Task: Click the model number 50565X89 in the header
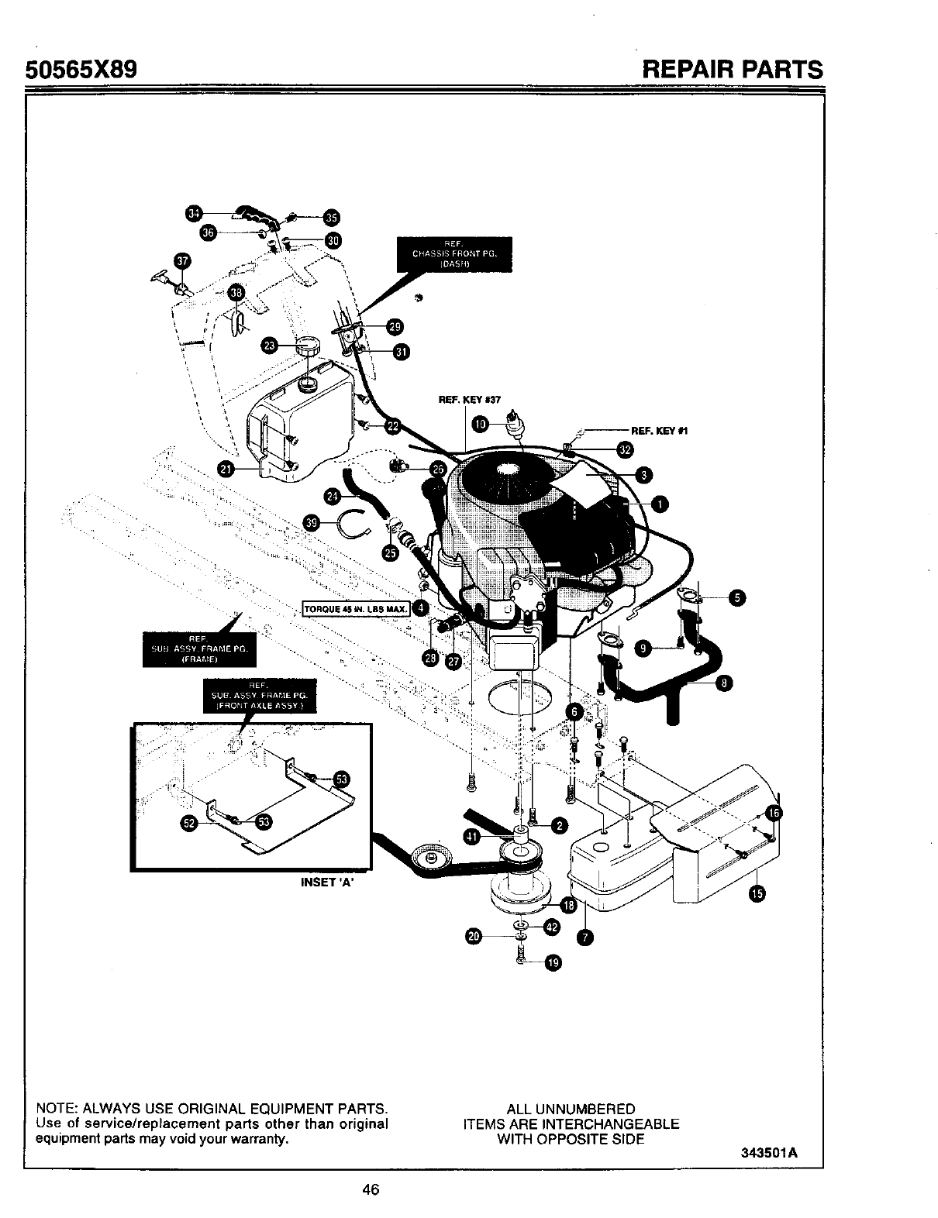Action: pyautogui.click(x=81, y=71)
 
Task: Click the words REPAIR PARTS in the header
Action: pyautogui.click(x=733, y=71)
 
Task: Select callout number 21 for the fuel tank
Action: pyautogui.click(x=227, y=468)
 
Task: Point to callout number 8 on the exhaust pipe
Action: pyautogui.click(x=723, y=683)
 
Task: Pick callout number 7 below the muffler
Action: pyautogui.click(x=586, y=938)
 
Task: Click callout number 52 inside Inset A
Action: pyautogui.click(x=188, y=823)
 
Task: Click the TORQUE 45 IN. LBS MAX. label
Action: pyautogui.click(x=356, y=609)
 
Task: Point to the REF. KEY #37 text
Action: pyautogui.click(x=470, y=400)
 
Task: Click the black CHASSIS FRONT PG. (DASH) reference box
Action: pyautogui.click(x=454, y=253)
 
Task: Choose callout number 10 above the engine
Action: pyautogui.click(x=481, y=424)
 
